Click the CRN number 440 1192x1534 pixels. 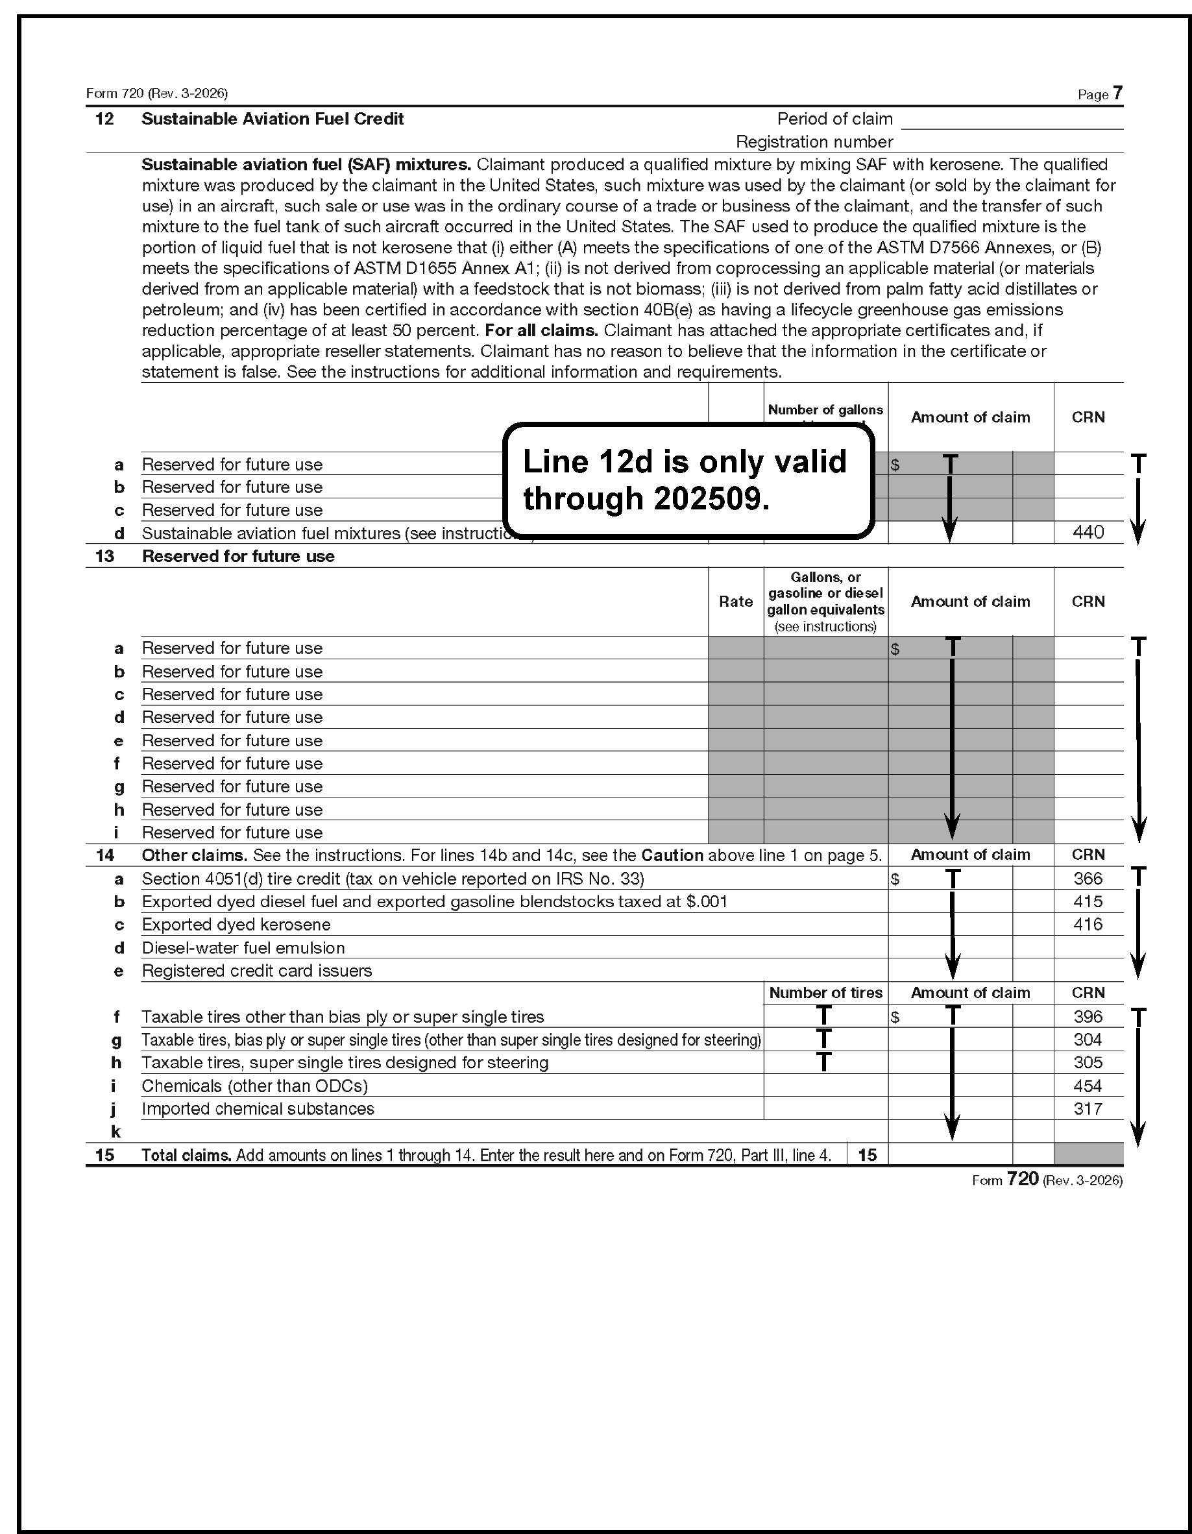(x=1088, y=532)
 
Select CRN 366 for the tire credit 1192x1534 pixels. (x=1088, y=879)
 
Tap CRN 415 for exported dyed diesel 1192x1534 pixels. (x=1088, y=901)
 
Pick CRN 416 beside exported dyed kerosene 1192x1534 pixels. (x=1088, y=924)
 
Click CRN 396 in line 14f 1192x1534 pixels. (x=1088, y=1016)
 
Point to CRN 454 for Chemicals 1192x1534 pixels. (x=1088, y=1086)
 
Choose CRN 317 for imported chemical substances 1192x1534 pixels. (x=1088, y=1108)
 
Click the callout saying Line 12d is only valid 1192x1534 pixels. (x=688, y=480)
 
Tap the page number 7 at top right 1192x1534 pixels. (x=1117, y=93)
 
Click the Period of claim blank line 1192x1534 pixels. (x=1012, y=121)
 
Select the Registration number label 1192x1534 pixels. (x=814, y=142)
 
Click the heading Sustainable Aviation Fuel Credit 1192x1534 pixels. (x=273, y=119)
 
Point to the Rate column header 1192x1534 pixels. (x=735, y=602)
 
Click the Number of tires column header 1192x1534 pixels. (x=825, y=992)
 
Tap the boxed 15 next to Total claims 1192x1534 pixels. (x=868, y=1154)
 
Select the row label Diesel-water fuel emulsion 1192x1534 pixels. (x=243, y=947)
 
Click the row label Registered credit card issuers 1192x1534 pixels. (x=256, y=971)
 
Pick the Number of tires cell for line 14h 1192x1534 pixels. (x=825, y=1062)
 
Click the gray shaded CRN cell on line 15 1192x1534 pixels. (x=1088, y=1154)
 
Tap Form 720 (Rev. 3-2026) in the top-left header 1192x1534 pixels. (x=156, y=93)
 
